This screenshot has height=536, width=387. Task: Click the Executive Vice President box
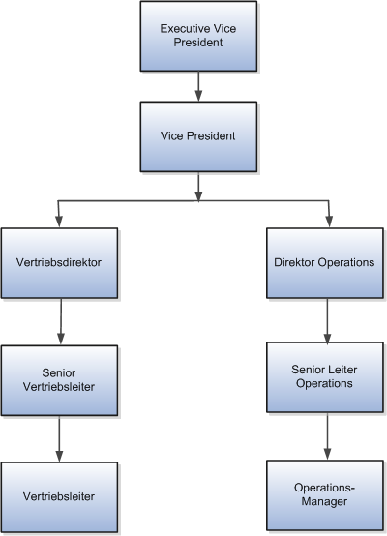click(x=198, y=36)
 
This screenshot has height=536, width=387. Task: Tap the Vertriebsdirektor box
click(x=60, y=262)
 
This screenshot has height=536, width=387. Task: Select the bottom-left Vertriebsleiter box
click(x=60, y=496)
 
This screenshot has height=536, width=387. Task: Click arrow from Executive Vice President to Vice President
click(x=198, y=87)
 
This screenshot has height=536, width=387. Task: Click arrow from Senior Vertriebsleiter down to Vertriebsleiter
click(x=60, y=439)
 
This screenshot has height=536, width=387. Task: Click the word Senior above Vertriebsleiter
click(x=60, y=373)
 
